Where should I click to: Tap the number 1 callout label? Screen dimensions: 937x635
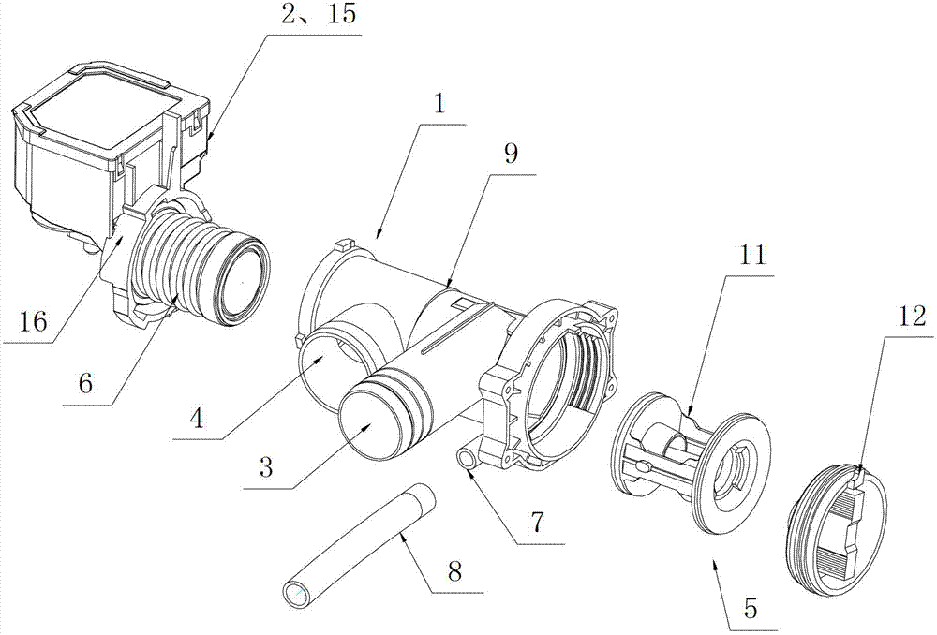[x=440, y=105]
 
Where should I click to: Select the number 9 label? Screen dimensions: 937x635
[x=511, y=155]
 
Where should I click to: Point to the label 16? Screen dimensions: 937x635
[x=32, y=322]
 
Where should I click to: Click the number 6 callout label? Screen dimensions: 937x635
[x=85, y=383]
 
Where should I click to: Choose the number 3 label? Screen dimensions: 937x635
[x=266, y=467]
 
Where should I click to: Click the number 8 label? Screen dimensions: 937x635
[x=454, y=571]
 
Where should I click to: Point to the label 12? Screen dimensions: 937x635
[x=912, y=317]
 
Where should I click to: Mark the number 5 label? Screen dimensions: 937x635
[x=751, y=611]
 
